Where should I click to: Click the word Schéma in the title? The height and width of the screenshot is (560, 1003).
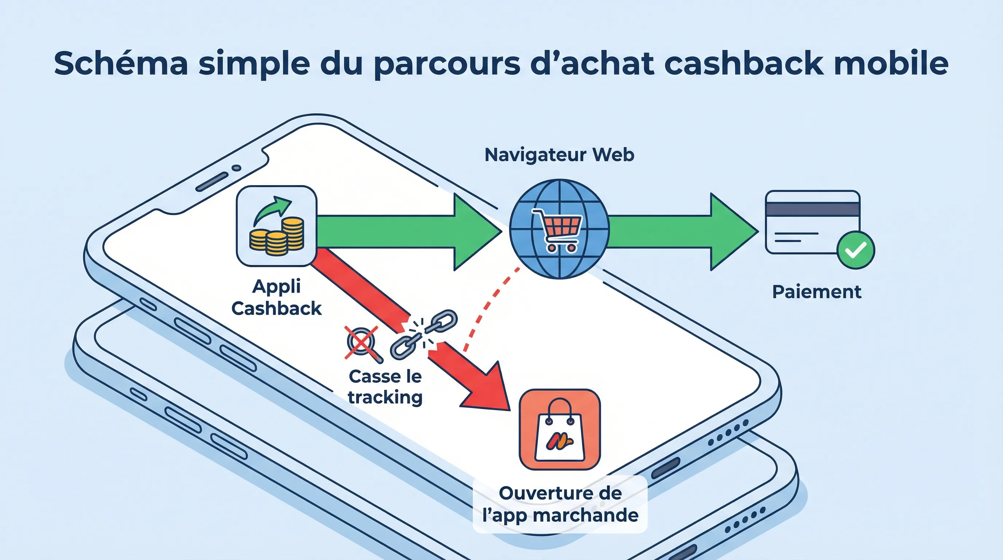coord(121,63)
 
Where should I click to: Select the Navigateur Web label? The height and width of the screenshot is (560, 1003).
coord(559,155)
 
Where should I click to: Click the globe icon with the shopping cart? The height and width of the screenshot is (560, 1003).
coord(559,229)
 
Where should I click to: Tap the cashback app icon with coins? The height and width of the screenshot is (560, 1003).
coord(277,226)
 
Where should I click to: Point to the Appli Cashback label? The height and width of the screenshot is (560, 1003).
coord(277,297)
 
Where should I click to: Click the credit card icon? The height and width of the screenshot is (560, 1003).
coord(812,222)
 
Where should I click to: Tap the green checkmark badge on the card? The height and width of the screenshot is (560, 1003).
coord(856,250)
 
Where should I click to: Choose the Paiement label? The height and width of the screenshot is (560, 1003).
coord(816,292)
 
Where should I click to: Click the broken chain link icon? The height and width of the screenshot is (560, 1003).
coord(424,334)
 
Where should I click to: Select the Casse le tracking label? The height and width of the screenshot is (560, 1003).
coord(385,387)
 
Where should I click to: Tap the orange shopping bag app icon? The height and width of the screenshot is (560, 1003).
coord(559,429)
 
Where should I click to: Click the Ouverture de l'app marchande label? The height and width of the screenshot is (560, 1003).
coord(560,504)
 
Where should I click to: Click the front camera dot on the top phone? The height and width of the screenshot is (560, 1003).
coord(236,168)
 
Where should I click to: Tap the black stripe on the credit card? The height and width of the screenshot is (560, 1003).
coord(812,209)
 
